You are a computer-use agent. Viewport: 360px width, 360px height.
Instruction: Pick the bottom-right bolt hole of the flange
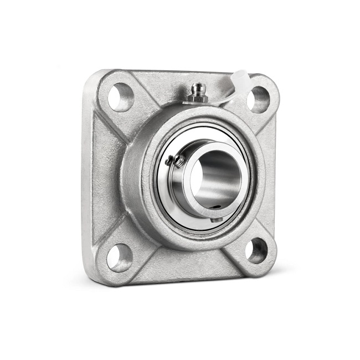tap(256, 250)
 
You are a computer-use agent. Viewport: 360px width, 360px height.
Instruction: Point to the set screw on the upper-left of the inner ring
tap(176, 160)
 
